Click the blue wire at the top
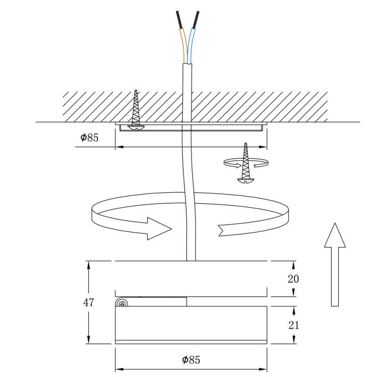pyautogui.click(x=191, y=45)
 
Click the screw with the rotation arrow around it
pyautogui.click(x=245, y=163)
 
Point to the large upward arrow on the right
pyautogui.click(x=336, y=264)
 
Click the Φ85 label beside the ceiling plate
pyautogui.click(x=90, y=138)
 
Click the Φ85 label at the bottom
pyautogui.click(x=191, y=360)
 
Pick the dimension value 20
pyautogui.click(x=293, y=279)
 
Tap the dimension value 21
pyautogui.click(x=293, y=325)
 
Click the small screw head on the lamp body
pyautogui.click(x=123, y=303)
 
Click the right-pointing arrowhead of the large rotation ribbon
pyautogui.click(x=158, y=229)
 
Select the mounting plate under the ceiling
pyautogui.click(x=191, y=128)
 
